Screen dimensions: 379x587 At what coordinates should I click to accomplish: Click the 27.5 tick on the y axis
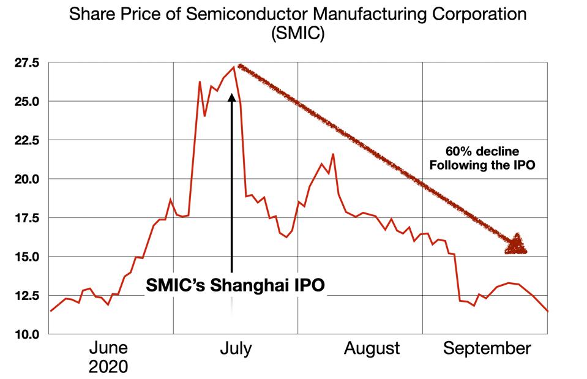(27, 62)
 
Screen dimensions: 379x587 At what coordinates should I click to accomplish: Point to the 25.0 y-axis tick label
(27, 101)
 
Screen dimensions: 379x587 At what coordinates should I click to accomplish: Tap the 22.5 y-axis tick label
(27, 140)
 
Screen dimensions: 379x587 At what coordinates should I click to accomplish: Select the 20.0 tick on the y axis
(27, 179)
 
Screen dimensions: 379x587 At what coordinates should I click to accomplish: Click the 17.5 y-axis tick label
(27, 218)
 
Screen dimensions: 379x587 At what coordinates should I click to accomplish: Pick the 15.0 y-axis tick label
(27, 257)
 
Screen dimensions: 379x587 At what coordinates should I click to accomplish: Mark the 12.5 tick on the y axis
(27, 296)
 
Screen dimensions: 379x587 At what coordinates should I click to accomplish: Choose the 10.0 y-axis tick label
(27, 334)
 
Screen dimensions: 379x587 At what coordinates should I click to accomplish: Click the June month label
(109, 348)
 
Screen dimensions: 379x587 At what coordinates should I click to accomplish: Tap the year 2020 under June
(109, 367)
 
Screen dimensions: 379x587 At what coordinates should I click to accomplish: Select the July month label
(235, 348)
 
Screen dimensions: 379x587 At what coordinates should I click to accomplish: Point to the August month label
(372, 348)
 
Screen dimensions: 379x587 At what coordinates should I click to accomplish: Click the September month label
(487, 348)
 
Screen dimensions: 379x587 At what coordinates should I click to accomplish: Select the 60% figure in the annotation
(456, 151)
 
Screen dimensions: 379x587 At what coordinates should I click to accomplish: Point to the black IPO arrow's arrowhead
(232, 97)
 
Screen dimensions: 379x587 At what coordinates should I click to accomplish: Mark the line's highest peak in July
(233, 67)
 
